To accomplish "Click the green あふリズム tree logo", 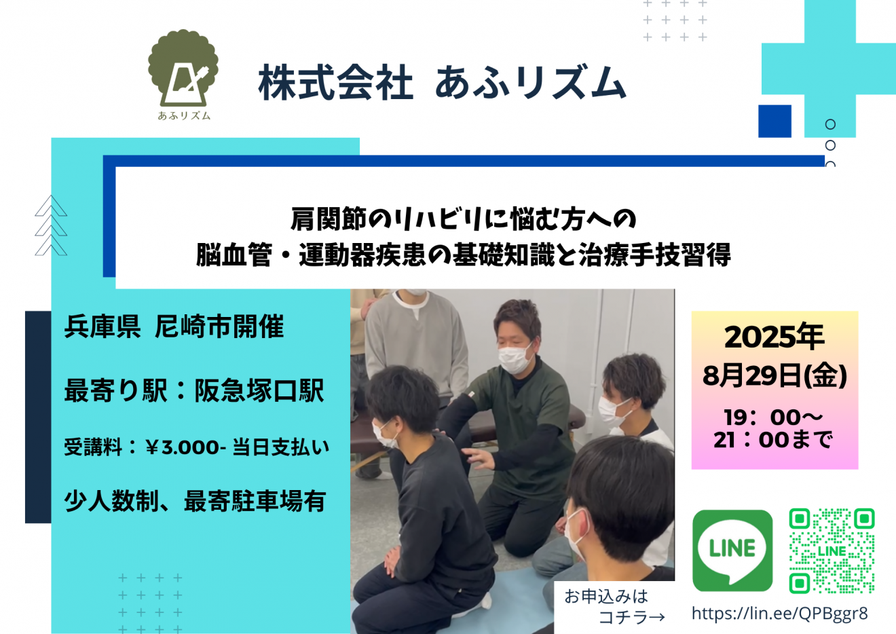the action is [183, 75].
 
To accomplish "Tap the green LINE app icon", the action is [732, 551].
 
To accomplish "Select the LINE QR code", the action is [832, 551].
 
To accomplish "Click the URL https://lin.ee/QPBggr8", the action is [780, 613].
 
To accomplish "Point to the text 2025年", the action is [774, 337].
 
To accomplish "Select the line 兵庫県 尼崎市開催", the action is [174, 327].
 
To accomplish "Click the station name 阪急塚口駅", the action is [259, 390].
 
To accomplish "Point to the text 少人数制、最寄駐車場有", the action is [195, 501].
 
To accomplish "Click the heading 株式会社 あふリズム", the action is [442, 83].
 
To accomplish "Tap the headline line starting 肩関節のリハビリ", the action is [463, 219].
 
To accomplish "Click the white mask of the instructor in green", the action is [515, 359].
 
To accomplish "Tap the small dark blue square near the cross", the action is [774, 122].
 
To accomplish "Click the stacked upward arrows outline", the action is [51, 225].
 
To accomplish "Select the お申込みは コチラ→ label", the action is [614, 607].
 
